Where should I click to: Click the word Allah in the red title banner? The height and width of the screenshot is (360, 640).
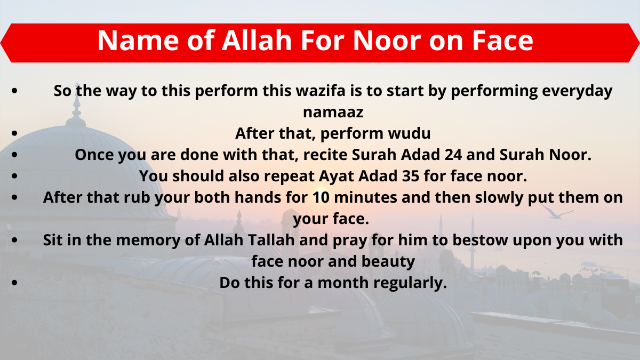coord(257,41)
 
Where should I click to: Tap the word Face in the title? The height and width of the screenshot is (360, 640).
coord(502,41)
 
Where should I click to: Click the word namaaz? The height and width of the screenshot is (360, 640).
coord(333,112)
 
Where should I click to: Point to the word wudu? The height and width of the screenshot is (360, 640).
coord(410,133)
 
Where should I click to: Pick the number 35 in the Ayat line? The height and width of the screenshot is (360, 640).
coord(411,175)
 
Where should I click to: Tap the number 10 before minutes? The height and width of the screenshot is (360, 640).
coord(321,197)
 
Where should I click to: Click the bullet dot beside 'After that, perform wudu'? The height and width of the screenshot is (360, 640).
coord(14,133)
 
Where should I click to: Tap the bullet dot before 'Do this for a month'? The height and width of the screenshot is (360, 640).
coord(14,283)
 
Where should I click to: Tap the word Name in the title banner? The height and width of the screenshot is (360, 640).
coord(138,41)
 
